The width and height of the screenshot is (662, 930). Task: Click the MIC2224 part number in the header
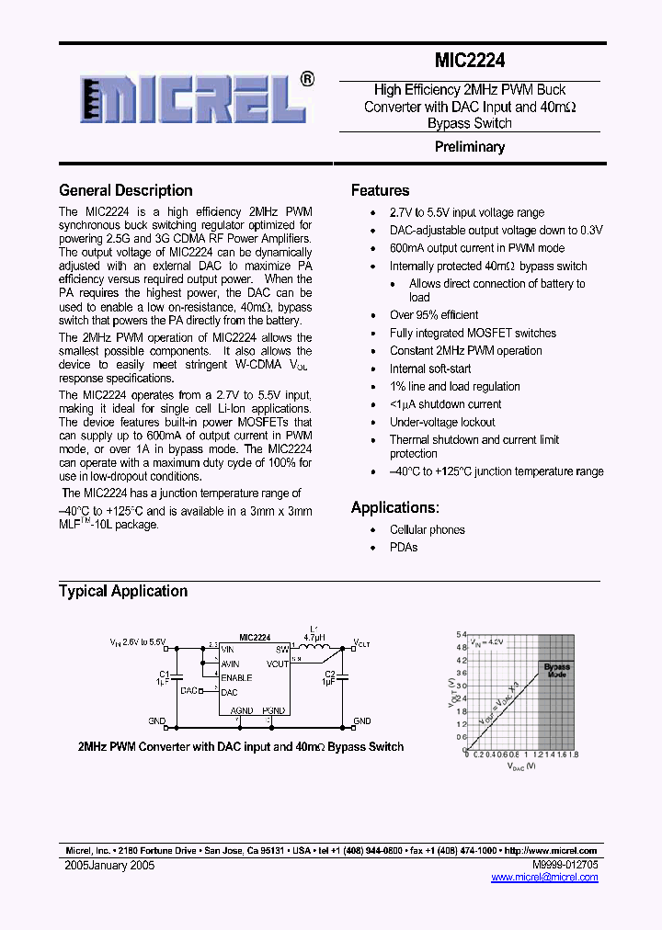pyautogui.click(x=469, y=62)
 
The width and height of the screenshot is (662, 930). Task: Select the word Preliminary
pyautogui.click(x=469, y=147)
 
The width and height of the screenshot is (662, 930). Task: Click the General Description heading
pyautogui.click(x=126, y=190)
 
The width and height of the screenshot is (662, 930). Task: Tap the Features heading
pyautogui.click(x=380, y=190)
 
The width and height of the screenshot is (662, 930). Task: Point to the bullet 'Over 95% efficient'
pyautogui.click(x=434, y=315)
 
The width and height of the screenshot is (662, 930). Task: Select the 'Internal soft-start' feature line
pyautogui.click(x=430, y=369)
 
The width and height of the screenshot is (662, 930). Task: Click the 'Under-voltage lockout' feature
pyautogui.click(x=442, y=422)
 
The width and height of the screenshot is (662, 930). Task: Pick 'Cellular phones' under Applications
pyautogui.click(x=428, y=529)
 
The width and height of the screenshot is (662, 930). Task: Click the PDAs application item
pyautogui.click(x=404, y=547)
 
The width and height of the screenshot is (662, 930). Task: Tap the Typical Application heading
pyautogui.click(x=123, y=591)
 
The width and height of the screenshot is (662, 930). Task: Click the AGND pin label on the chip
pyautogui.click(x=242, y=710)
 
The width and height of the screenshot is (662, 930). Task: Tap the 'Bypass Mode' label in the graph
pyautogui.click(x=556, y=670)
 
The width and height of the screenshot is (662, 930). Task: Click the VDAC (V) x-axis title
pyautogui.click(x=520, y=765)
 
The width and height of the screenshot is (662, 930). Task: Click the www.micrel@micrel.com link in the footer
pyautogui.click(x=544, y=878)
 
